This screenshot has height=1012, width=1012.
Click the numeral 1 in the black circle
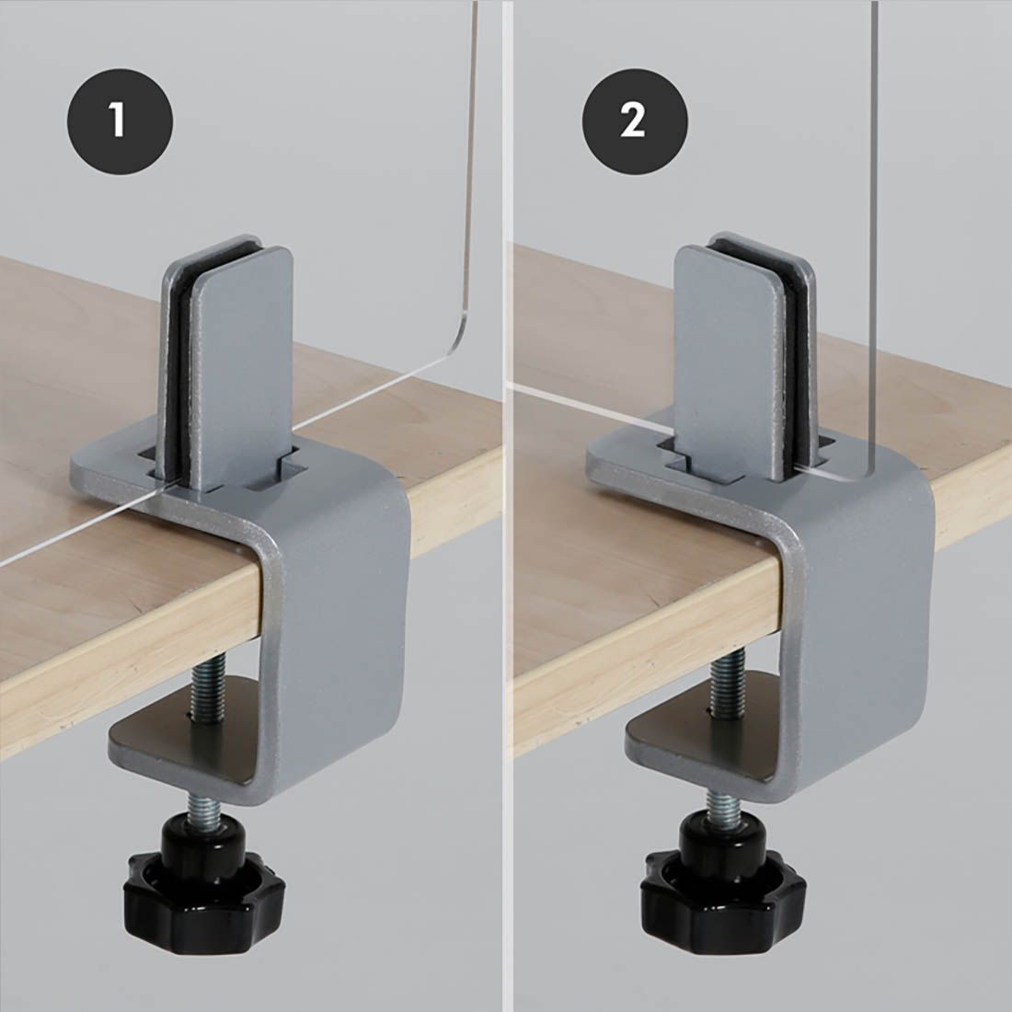119,121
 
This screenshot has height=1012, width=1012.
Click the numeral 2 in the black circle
634,121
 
